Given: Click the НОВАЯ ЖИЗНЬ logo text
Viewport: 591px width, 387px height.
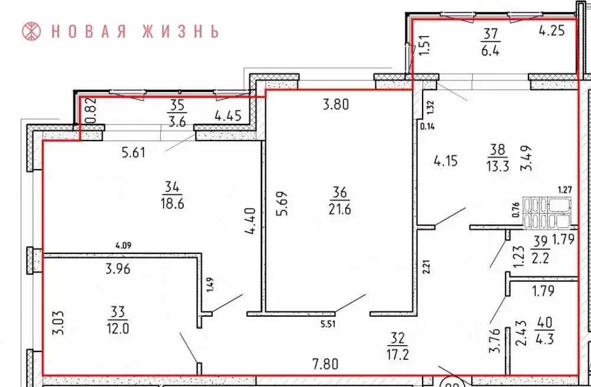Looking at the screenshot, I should pyautogui.click(x=135, y=31).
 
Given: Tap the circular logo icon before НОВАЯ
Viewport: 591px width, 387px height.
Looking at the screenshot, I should pyautogui.click(x=31, y=31).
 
